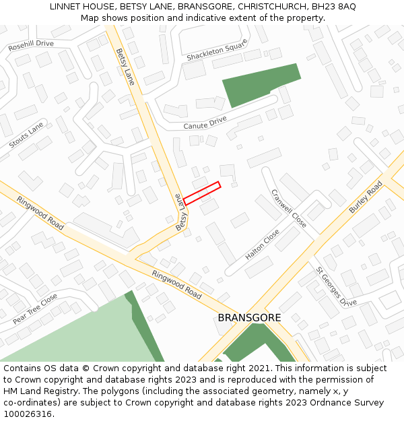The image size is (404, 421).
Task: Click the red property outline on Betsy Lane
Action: point(202,193)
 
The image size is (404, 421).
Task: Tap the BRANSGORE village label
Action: point(249,317)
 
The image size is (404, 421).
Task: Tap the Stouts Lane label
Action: point(26,135)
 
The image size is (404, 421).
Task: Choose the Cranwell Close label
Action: point(289,207)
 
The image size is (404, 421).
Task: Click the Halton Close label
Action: point(263,245)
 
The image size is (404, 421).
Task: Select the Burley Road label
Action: point(366,197)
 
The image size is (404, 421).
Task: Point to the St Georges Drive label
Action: point(337,286)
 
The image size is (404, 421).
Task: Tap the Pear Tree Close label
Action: point(35,309)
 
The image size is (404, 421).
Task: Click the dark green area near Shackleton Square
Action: point(259,84)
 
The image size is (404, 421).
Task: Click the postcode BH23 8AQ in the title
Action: point(333,7)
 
